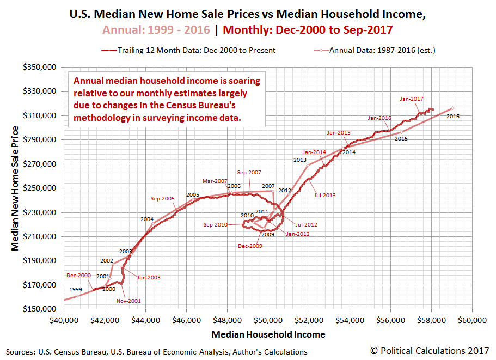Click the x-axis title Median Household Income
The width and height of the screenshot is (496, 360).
pyautogui.click(x=268, y=334)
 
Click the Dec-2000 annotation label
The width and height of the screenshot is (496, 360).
pyautogui.click(x=78, y=276)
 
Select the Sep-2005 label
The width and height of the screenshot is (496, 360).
pyautogui.click(x=163, y=199)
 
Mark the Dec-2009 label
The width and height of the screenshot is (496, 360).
pyautogui.click(x=250, y=246)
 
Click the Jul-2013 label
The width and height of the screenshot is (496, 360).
pyautogui.click(x=324, y=194)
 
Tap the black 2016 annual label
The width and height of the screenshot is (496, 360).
pyautogui.click(x=453, y=117)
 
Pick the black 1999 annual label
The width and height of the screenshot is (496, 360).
pyautogui.click(x=76, y=289)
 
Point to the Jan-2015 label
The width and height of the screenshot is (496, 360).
pyautogui.click(x=339, y=132)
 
